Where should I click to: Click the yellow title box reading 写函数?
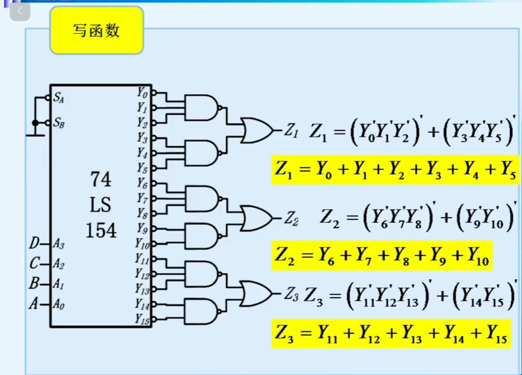[x=97, y=30]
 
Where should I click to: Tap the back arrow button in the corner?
[x=20, y=11]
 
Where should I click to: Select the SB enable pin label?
[x=59, y=122]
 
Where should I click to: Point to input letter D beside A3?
[x=34, y=243]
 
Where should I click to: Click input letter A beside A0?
[x=33, y=304]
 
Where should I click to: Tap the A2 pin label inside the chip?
[x=59, y=264]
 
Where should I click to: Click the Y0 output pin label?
[x=142, y=93]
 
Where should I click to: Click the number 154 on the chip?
[x=101, y=230]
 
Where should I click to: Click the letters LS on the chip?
[x=100, y=205]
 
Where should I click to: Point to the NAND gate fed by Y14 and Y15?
[x=200, y=311]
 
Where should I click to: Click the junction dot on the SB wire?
[x=35, y=123]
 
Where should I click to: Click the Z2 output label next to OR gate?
[x=291, y=219]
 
